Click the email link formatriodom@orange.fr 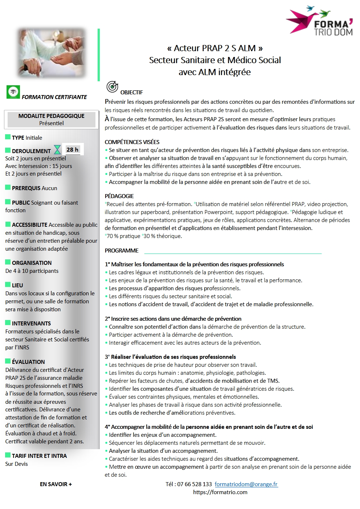(246, 484)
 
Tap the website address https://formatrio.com (220, 492)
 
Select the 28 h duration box (73, 149)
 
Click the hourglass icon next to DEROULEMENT (57, 149)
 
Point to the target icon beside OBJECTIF (112, 87)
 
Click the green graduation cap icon (13, 92)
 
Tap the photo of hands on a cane (52, 53)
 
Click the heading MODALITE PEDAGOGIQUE (51, 116)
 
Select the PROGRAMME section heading (122, 250)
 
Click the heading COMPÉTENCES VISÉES (132, 142)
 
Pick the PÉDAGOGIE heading (119, 196)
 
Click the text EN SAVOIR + (56, 484)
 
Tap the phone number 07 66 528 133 (194, 484)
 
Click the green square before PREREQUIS (8, 187)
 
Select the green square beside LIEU (8, 284)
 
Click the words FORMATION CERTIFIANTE (54, 97)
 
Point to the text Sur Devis (16, 464)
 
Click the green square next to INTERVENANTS (8, 323)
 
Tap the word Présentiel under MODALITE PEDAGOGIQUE (51, 123)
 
